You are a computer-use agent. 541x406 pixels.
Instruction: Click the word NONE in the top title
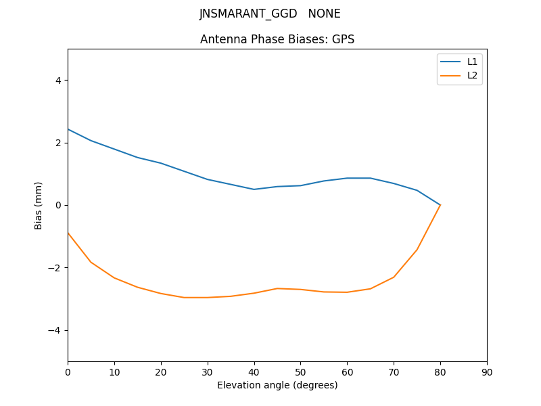pos(325,14)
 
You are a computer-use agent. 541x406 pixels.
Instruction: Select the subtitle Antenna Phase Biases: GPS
pos(277,39)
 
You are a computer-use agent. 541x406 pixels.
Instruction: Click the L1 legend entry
pos(472,62)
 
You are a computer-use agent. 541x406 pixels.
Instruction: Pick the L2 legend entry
pos(472,75)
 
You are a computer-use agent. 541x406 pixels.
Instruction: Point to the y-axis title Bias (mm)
pos(39,205)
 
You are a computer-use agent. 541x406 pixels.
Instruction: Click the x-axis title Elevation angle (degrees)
pos(277,385)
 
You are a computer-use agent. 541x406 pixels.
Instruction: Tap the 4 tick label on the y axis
pos(57,80)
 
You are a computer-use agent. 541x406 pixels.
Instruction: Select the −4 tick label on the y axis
pos(55,330)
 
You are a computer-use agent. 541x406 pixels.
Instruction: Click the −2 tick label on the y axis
pos(55,268)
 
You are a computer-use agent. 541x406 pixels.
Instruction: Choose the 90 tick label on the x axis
pos(487,371)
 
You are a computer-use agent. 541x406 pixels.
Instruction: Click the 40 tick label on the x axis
pos(254,371)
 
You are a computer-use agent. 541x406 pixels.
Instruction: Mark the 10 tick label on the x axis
pos(114,371)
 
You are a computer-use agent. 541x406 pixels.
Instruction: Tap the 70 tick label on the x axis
pos(394,371)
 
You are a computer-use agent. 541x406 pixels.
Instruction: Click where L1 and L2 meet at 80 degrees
pos(440,204)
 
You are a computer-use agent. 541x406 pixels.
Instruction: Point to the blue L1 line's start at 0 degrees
pos(68,129)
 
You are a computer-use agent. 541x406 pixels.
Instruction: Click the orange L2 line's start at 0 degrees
pos(68,233)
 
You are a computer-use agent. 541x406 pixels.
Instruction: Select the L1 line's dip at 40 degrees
pos(254,189)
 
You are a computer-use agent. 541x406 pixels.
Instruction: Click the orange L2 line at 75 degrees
pos(417,249)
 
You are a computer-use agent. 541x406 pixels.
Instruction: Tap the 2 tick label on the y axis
pos(57,143)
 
